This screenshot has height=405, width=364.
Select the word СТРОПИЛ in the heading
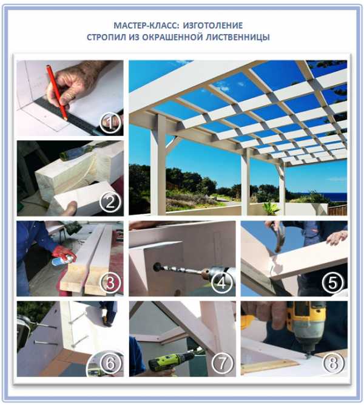click(x=106, y=37)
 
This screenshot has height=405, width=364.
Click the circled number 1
click(x=110, y=123)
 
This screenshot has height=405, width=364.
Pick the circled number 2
click(x=110, y=202)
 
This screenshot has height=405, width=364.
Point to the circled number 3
click(x=110, y=282)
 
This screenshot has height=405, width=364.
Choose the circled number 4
click(x=222, y=282)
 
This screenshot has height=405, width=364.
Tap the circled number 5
click(x=333, y=282)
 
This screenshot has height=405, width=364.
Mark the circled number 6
click(x=110, y=363)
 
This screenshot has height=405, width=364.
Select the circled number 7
click(x=222, y=363)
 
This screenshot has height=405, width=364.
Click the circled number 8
click(x=333, y=363)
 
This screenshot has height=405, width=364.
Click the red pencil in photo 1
click(x=57, y=92)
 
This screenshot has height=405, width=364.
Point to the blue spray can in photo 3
click(x=61, y=260)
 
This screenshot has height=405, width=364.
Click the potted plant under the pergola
click(x=271, y=208)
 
